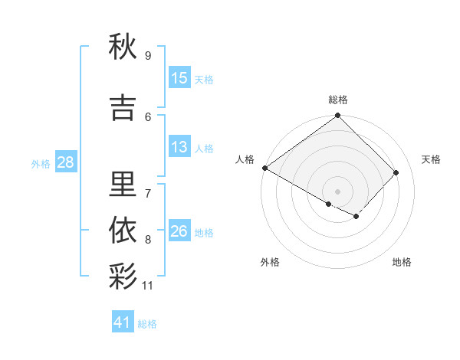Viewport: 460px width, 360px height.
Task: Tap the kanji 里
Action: point(123,185)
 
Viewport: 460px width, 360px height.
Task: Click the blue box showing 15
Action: point(179,78)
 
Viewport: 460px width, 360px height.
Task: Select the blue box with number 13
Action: point(179,147)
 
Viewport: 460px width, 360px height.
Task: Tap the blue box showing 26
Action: point(179,231)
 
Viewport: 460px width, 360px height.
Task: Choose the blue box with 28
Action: point(65,162)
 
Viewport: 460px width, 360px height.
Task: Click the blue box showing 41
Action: point(123,322)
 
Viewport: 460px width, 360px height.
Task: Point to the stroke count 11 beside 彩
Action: point(148,286)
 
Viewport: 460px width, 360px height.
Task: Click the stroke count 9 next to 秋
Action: point(147,55)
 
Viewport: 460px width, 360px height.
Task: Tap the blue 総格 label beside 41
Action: point(147,324)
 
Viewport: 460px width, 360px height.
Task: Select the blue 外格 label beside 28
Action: point(41,163)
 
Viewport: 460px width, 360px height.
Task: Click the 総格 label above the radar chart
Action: point(338,100)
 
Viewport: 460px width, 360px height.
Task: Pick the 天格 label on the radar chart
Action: point(431,159)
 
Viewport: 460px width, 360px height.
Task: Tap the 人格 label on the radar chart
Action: point(245,159)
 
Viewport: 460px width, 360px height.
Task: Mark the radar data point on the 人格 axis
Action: point(264,168)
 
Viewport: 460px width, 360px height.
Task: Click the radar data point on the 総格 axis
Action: point(337,116)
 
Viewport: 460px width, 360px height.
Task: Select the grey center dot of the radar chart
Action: point(337,191)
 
